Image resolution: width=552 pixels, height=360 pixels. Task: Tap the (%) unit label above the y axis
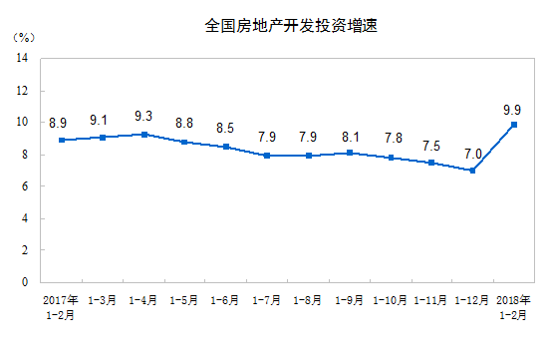coord(25,37)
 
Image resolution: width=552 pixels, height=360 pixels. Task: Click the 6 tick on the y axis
coord(24,185)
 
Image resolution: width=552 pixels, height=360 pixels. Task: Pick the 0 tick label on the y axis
coord(24,281)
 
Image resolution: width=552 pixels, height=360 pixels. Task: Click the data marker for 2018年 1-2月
coord(513,124)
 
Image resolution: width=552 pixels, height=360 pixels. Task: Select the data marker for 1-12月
coord(472,170)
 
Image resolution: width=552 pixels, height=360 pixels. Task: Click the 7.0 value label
coord(472,153)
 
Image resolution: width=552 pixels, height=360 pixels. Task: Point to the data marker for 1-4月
coord(144,134)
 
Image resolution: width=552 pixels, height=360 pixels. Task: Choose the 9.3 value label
coord(144,116)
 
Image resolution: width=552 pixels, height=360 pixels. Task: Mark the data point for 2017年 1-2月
coord(62,140)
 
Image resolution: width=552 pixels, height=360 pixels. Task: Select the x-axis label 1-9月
coord(349,299)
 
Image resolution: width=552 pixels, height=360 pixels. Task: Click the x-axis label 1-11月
coord(431,299)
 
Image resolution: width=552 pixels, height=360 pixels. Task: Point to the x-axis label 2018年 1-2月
coord(513,306)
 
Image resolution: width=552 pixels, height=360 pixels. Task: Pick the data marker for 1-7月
coord(267,156)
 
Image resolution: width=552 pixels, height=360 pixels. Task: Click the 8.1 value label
coord(349,136)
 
